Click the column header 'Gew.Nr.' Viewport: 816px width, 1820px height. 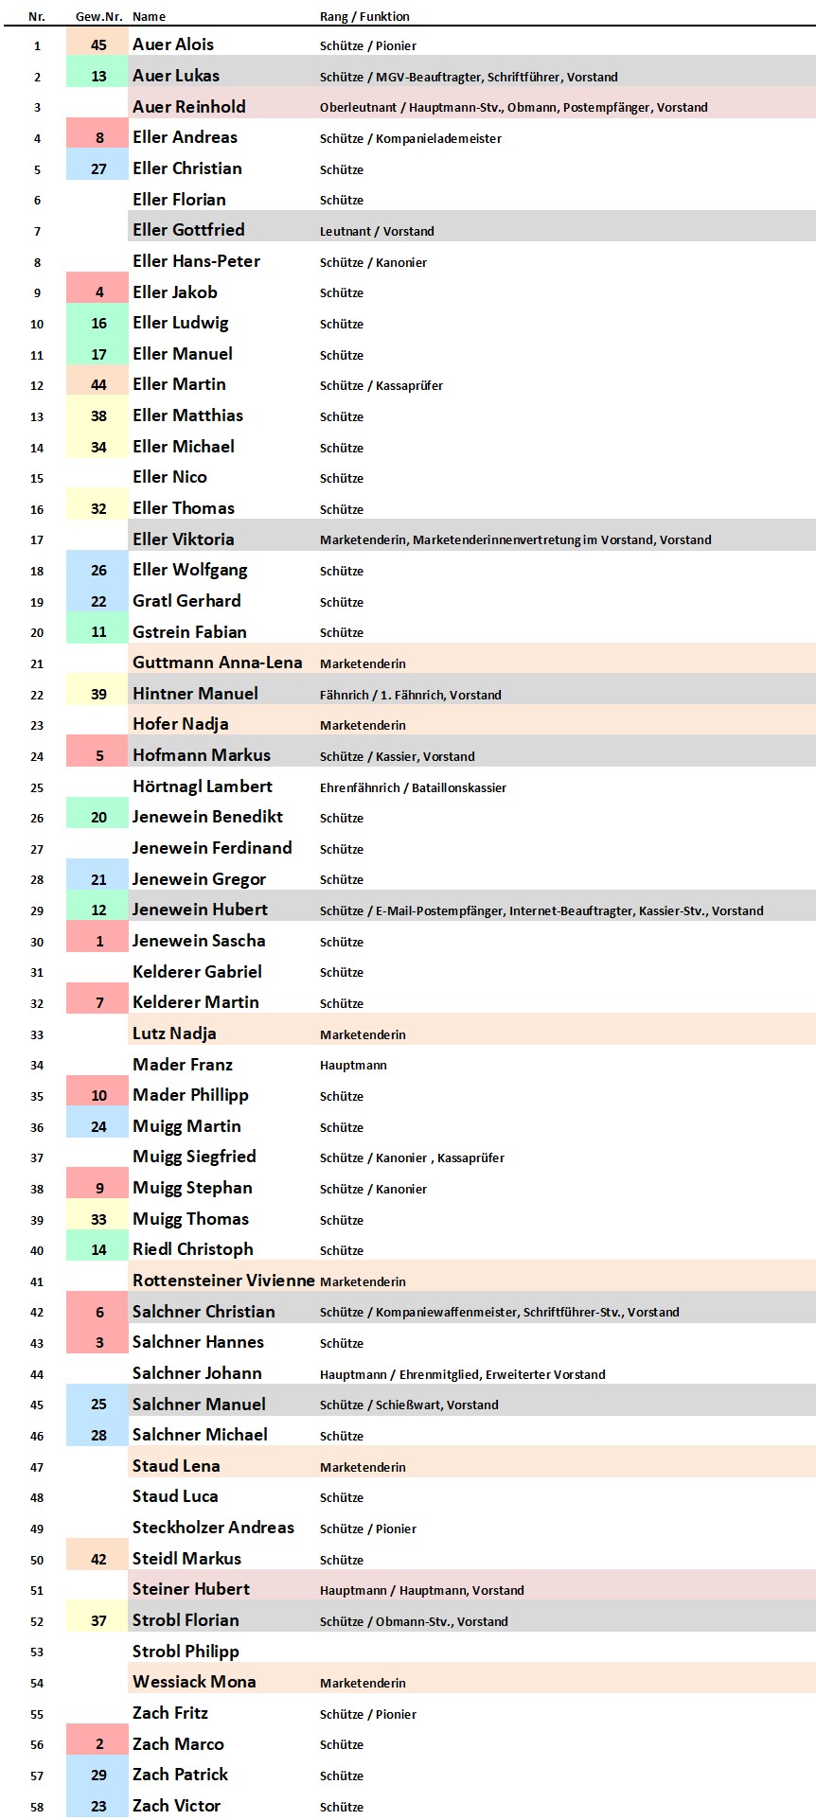pyautogui.click(x=98, y=17)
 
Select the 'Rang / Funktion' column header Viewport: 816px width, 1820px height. pyautogui.click(x=364, y=17)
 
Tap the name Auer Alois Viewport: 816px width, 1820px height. pyautogui.click(x=173, y=44)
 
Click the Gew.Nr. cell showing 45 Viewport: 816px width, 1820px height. pyautogui.click(x=98, y=45)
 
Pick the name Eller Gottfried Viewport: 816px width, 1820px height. pyautogui.click(x=188, y=230)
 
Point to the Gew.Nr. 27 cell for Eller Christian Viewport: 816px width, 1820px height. pyautogui.click(x=98, y=169)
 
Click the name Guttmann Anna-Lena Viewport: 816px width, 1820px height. pyautogui.click(x=217, y=663)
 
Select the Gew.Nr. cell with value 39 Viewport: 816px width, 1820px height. pyautogui.click(x=98, y=694)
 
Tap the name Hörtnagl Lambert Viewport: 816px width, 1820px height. pyautogui.click(x=203, y=786)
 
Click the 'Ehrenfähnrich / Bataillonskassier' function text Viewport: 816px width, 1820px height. pyautogui.click(x=413, y=787)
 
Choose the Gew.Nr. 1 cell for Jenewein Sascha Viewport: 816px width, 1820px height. pyautogui.click(x=98, y=942)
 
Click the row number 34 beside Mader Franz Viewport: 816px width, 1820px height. pyautogui.click(x=37, y=1065)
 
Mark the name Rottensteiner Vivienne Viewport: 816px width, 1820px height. pyautogui.click(x=223, y=1281)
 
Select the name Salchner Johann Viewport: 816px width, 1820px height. pyautogui.click(x=197, y=1373)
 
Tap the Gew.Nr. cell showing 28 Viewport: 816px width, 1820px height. pyautogui.click(x=98, y=1436)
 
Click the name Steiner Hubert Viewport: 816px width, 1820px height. pyautogui.click(x=191, y=1589)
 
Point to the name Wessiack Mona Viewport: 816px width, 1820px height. pyautogui.click(x=194, y=1682)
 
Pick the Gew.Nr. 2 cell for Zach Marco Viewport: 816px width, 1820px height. pyautogui.click(x=98, y=1744)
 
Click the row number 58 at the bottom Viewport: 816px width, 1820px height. pyautogui.click(x=37, y=1807)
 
